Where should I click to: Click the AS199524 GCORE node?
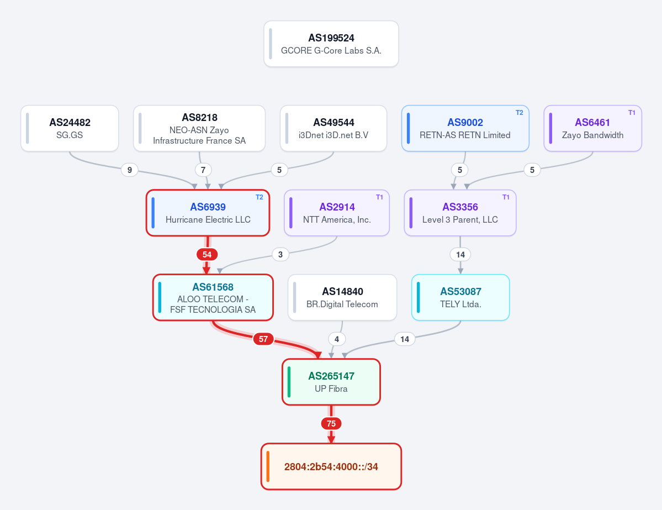point(331,44)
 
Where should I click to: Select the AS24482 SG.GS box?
point(70,128)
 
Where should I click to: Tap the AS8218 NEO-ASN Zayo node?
point(199,128)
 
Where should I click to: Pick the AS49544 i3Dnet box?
point(333,128)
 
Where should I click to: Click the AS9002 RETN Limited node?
point(465,128)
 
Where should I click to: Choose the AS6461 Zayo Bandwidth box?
point(593,128)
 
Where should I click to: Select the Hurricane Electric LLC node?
point(208,213)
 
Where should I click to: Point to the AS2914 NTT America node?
point(337,213)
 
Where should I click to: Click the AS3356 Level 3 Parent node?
point(460,213)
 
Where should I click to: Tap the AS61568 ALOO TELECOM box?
point(213,297)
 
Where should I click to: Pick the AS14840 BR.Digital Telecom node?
point(342,297)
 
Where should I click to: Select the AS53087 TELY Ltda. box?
point(460,297)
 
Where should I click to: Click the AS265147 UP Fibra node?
point(331,382)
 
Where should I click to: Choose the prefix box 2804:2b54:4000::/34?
point(331,466)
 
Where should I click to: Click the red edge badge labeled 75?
point(331,423)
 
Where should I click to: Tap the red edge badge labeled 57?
point(263,339)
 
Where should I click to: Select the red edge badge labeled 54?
point(207,254)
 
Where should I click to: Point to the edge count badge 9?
point(130,170)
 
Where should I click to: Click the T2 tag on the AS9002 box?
point(520,113)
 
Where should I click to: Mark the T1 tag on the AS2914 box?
point(379,197)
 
